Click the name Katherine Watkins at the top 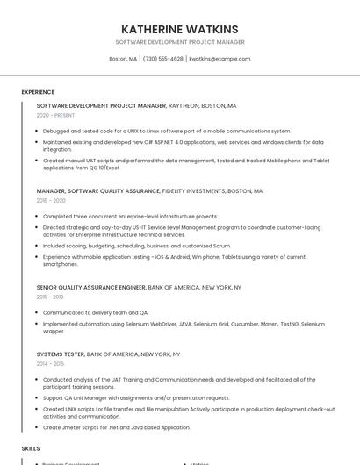point(179,29)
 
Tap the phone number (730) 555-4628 point(162,59)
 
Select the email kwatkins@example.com point(220,59)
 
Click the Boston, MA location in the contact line point(123,59)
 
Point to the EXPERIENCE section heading point(38,92)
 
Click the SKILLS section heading point(31,448)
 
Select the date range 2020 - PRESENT point(56,115)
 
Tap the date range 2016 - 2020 point(51,200)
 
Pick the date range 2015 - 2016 point(50,297)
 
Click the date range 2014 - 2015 point(50,363)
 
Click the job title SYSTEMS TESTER point(61,354)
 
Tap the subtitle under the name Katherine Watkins point(179,42)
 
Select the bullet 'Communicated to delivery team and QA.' point(96,312)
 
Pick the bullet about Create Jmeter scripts point(116,427)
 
